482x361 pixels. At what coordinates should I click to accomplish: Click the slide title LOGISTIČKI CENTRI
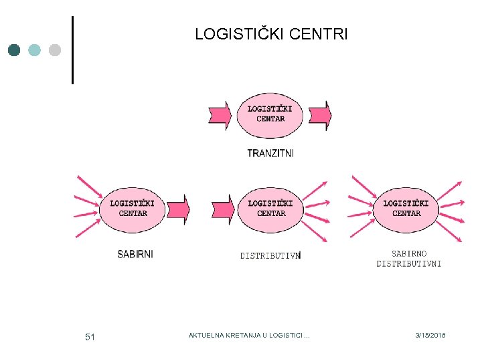[271, 34]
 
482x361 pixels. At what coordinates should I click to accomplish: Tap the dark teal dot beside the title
[15, 50]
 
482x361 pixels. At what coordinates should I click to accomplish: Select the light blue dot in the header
[35, 50]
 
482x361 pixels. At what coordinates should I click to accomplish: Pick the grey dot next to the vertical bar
[55, 50]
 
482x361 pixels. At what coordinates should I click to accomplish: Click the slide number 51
[90, 337]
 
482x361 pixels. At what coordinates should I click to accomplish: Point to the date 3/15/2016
[430, 335]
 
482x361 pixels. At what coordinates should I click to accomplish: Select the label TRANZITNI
[270, 153]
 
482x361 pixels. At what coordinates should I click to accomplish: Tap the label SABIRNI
[135, 254]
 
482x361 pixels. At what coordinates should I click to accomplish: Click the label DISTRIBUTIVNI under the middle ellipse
[270, 255]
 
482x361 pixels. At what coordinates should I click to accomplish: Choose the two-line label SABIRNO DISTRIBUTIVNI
[408, 259]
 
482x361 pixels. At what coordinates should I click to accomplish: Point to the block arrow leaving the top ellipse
[319, 115]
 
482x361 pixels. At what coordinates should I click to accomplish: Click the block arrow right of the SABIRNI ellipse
[178, 209]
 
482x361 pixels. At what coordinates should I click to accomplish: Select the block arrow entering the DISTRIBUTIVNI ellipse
[221, 209]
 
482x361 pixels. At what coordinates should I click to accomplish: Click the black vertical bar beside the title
[72, 49]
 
